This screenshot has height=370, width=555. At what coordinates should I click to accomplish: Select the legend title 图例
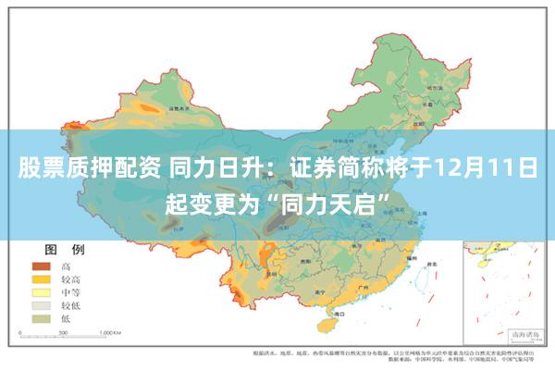pyautogui.click(x=65, y=250)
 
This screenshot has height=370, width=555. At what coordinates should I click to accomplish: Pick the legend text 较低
pyautogui.click(x=71, y=304)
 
